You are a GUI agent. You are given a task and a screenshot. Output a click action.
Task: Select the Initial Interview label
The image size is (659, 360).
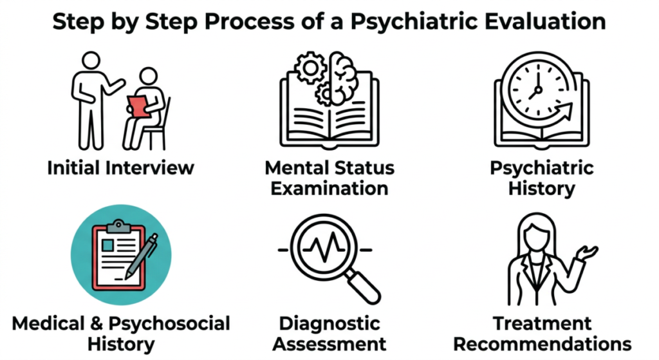coord(120,169)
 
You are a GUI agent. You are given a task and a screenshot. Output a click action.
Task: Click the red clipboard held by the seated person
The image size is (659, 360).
coord(136,106)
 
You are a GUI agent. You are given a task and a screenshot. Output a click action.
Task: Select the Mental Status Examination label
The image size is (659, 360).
coord(329,178)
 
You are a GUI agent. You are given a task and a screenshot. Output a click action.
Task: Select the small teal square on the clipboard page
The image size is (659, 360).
coord(106,246)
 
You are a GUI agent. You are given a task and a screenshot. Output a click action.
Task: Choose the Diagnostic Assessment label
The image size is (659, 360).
coord(329,333)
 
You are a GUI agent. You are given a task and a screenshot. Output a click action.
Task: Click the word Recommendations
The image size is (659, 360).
coord(542,343)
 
